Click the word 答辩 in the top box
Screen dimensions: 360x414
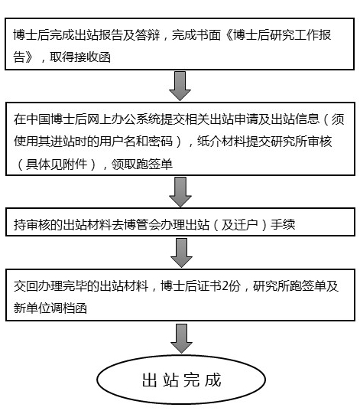pos(148,35)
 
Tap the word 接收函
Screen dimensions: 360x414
pos(92,57)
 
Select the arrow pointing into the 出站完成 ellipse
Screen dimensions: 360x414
pos(181,338)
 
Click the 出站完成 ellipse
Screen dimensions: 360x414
pos(181,380)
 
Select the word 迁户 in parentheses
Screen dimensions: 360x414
pos(240,225)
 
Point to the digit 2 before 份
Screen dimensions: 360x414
pos(225,286)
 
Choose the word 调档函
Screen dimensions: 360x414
pos(69,308)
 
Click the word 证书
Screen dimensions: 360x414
pos(209,286)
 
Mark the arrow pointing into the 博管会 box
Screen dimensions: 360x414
pos(180,192)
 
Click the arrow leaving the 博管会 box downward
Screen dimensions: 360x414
pos(181,253)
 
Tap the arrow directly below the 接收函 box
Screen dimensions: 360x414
pos(180,86)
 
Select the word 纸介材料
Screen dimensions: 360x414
pos(222,142)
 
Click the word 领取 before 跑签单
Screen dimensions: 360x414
pos(123,165)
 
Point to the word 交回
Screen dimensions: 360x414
pos(26,286)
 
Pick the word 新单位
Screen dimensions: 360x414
pos(32,308)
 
